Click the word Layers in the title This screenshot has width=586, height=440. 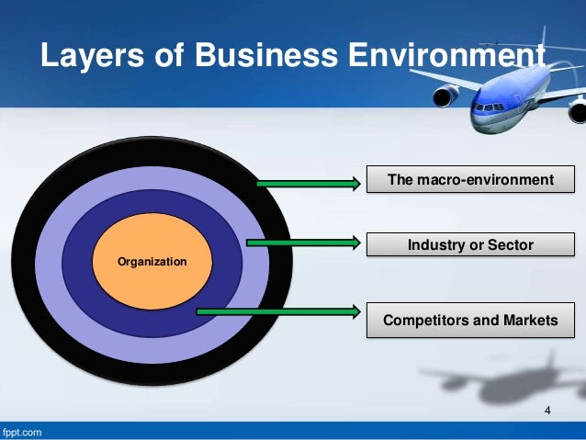pyautogui.click(x=85, y=56)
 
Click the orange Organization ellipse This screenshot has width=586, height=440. pyautogui.click(x=152, y=263)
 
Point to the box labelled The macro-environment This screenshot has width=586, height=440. pyautogui.click(x=471, y=179)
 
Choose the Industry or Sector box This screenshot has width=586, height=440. pyautogui.click(x=471, y=245)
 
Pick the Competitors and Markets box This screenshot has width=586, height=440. pyautogui.click(x=471, y=320)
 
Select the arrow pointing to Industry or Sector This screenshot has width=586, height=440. pyautogui.click(x=302, y=243)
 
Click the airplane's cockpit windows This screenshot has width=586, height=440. pyautogui.click(x=487, y=107)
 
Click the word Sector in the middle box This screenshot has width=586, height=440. pyautogui.click(x=512, y=245)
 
